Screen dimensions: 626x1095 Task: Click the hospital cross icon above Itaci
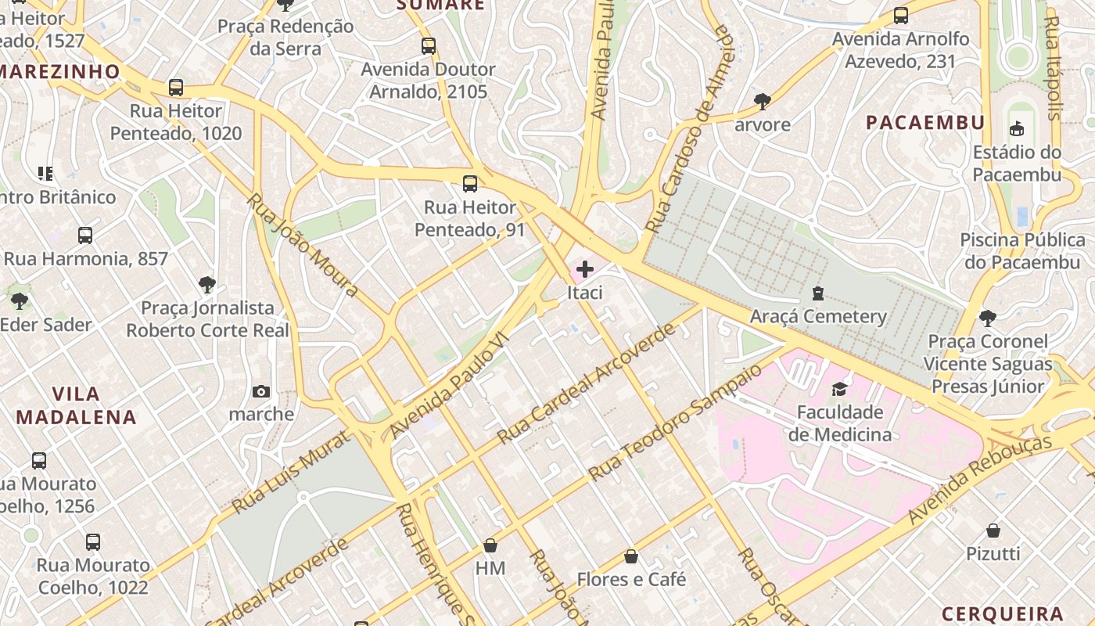(584, 270)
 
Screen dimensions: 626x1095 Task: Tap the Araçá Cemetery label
(818, 316)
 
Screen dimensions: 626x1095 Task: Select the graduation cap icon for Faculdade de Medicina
(839, 389)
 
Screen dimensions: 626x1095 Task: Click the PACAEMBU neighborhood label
(925, 122)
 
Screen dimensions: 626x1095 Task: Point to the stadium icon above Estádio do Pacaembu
(1017, 128)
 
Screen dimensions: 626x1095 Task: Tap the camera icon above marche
(261, 391)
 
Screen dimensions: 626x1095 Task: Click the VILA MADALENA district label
(77, 405)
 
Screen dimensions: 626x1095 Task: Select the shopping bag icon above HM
(490, 545)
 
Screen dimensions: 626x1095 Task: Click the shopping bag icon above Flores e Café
(631, 556)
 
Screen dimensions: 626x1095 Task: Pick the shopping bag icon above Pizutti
(993, 531)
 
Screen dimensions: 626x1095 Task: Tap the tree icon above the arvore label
(763, 101)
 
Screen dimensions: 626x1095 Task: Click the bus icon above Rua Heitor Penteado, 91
(470, 184)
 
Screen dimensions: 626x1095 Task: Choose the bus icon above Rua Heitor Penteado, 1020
(176, 88)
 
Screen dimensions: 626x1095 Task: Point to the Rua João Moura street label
(303, 245)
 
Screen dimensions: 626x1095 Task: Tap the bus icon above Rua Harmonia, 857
(85, 235)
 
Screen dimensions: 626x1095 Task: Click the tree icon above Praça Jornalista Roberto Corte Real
(207, 285)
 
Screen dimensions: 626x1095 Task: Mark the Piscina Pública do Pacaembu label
(1022, 250)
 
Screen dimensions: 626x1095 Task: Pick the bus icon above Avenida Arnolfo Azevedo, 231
(901, 16)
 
